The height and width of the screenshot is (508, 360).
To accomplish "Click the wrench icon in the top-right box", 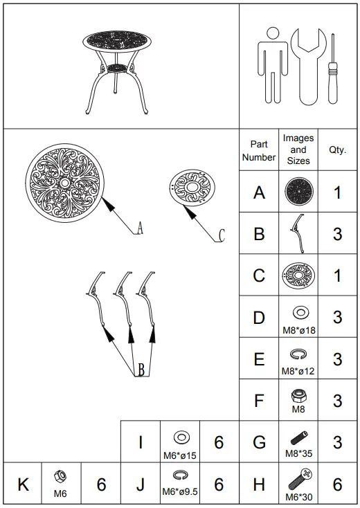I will pos(305,66).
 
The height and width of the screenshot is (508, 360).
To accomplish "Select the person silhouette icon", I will pos(272,66).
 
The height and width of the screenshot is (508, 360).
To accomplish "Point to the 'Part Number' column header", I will pos(259,150).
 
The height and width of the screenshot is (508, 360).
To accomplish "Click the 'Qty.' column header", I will pos(337,150).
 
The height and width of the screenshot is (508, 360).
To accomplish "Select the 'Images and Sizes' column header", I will pos(298,149).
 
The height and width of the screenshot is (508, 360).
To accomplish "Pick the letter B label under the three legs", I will pos(141,370).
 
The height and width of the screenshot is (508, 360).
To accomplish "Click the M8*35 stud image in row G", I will pos(298,438).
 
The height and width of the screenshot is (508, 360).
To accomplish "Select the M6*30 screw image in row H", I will pos(299,478).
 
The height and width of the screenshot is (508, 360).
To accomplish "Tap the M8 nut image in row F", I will pos(298,396).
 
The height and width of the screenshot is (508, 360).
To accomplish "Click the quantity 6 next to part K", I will pos(101,484).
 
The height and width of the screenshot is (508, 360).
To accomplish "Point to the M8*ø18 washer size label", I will pos(298,330).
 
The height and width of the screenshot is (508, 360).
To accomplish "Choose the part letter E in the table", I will pos(259,359).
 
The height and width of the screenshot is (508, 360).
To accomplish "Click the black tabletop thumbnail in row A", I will pos(298,191).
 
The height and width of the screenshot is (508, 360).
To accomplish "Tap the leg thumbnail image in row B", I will pos(298,233).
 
